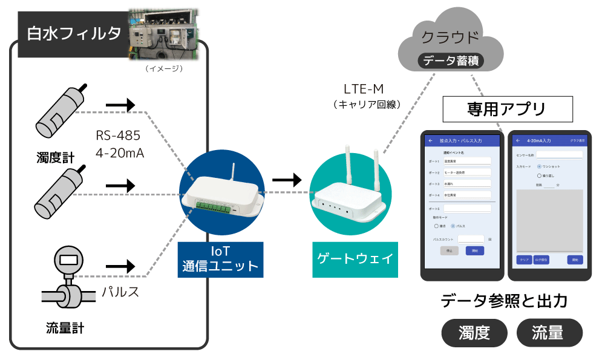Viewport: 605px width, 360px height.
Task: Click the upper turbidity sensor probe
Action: click(x=59, y=113)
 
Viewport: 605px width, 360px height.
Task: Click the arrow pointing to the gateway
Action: click(x=286, y=180)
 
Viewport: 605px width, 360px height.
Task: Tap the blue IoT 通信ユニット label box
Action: click(x=220, y=260)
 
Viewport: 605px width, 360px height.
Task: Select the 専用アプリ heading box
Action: click(x=508, y=110)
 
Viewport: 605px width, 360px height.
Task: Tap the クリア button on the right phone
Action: click(x=524, y=260)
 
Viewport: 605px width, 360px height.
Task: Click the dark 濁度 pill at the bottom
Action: click(x=474, y=332)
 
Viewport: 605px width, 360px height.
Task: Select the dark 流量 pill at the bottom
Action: click(x=549, y=332)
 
